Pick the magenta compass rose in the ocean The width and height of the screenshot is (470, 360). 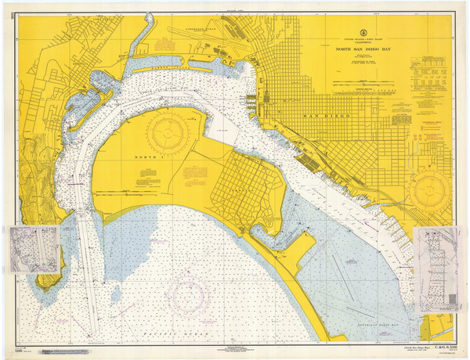click(x=188, y=293)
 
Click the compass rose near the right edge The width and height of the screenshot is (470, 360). click(x=429, y=190)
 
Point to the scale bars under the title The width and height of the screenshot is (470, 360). click(x=365, y=81)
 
